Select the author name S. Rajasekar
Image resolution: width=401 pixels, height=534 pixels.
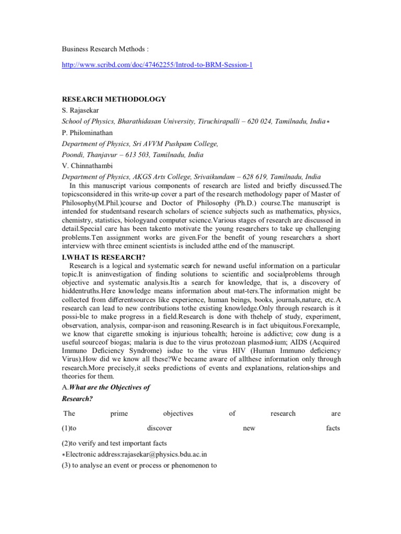pos(80,111)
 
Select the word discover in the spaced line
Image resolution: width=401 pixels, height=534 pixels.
pos(159,428)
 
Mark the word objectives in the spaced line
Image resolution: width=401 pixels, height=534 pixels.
pos(178,414)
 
